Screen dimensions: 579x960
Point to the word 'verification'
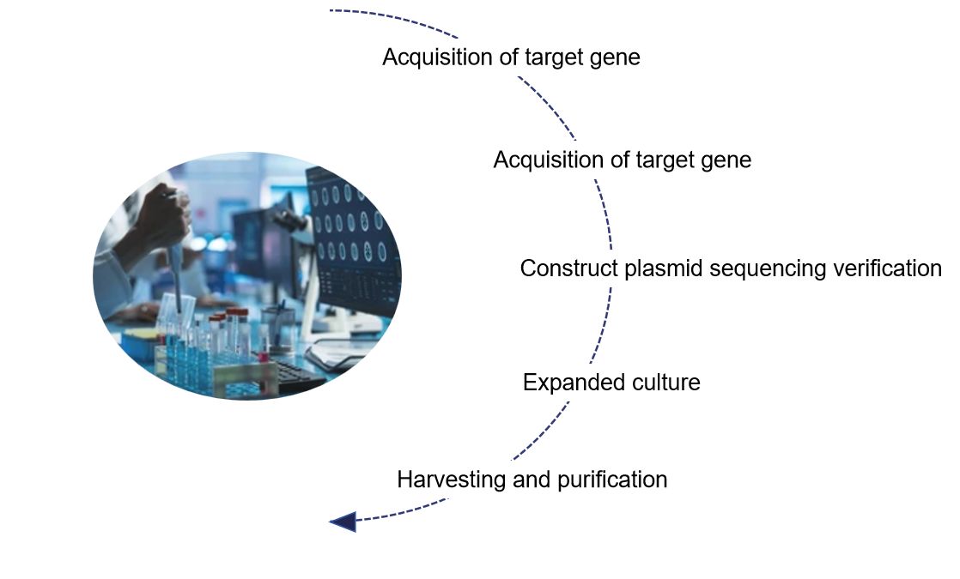pos(884,268)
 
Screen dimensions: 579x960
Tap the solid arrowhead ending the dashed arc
pos(343,521)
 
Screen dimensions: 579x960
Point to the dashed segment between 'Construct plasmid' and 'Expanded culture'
pos(601,326)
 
